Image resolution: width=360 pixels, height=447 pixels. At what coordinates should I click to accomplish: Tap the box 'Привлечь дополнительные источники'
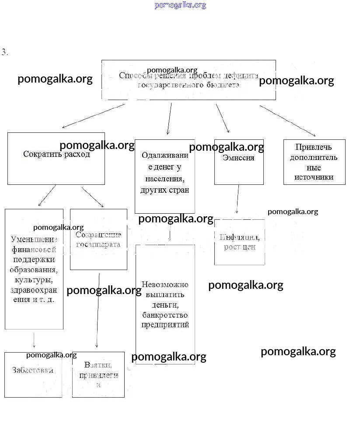click(314, 162)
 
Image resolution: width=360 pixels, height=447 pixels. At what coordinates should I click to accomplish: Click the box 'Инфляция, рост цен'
click(239, 242)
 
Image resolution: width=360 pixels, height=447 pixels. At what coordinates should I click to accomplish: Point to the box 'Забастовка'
click(33, 374)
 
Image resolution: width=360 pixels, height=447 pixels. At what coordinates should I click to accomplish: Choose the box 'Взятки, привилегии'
click(98, 374)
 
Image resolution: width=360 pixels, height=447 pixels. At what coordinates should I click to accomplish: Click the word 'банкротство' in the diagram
click(165, 315)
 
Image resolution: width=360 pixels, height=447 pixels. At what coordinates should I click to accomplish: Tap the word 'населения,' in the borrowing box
click(165, 179)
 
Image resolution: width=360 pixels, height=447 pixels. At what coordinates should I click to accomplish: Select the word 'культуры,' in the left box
click(34, 280)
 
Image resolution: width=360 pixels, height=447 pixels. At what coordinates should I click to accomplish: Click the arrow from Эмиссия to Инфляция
click(238, 199)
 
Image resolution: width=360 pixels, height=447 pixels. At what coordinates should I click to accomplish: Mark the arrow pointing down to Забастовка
click(34, 340)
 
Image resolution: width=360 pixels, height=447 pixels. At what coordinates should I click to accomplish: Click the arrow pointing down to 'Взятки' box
click(98, 310)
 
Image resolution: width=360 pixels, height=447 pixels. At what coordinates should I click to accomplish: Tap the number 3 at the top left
click(4, 52)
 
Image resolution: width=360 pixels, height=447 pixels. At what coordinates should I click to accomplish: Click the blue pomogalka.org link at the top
click(180, 5)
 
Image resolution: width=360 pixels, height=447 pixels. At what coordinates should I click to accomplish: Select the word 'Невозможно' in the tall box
click(165, 284)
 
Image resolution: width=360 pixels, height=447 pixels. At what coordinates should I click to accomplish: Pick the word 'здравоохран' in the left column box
click(34, 290)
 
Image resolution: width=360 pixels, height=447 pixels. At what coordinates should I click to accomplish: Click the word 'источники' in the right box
click(314, 177)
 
